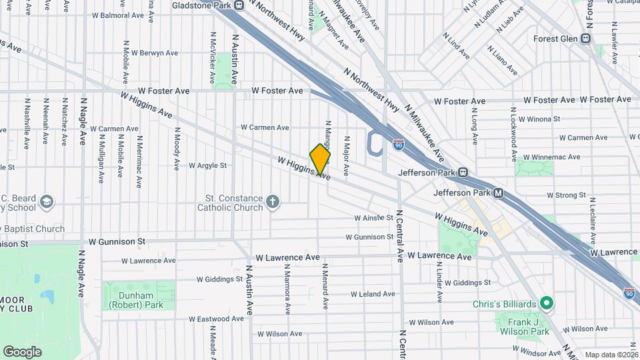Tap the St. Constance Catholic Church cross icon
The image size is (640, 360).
point(273,201)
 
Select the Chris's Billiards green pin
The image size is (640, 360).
point(547,304)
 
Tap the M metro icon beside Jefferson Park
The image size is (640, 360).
point(498,193)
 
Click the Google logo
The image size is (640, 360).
point(22,351)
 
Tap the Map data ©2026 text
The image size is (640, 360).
point(611,355)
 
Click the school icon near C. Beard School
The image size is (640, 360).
point(46,201)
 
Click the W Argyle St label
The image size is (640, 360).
point(207,165)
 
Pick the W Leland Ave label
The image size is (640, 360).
point(373,294)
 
